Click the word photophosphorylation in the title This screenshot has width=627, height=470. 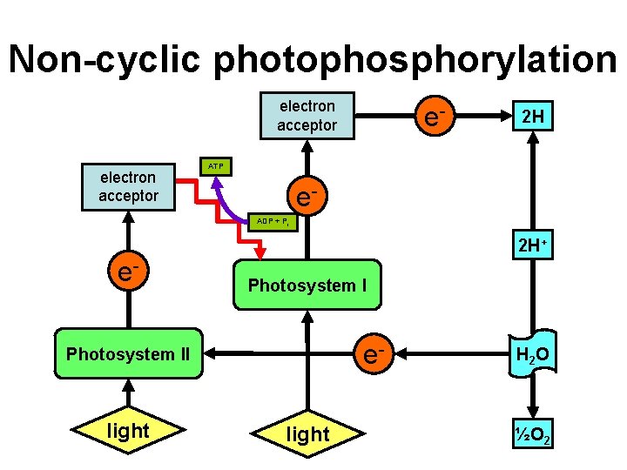coord(415,59)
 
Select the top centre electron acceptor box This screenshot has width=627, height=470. coord(307,116)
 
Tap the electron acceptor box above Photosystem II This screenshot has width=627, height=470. coord(128,187)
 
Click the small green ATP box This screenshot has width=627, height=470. coord(216,165)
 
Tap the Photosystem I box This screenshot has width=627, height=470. coord(307,285)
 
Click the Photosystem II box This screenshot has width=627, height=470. coord(128,354)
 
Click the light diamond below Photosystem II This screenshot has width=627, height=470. coord(128,430)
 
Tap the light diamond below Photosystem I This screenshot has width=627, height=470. coord(307,433)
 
